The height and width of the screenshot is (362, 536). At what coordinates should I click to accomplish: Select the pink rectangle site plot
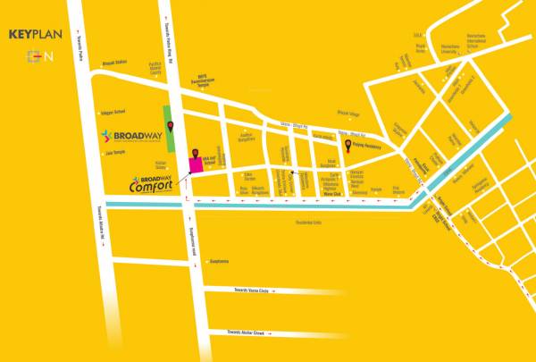[x=197, y=158]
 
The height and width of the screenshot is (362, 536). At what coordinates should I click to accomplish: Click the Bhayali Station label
[x=115, y=63]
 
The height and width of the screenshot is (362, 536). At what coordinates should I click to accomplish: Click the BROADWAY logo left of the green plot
[x=130, y=137]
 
